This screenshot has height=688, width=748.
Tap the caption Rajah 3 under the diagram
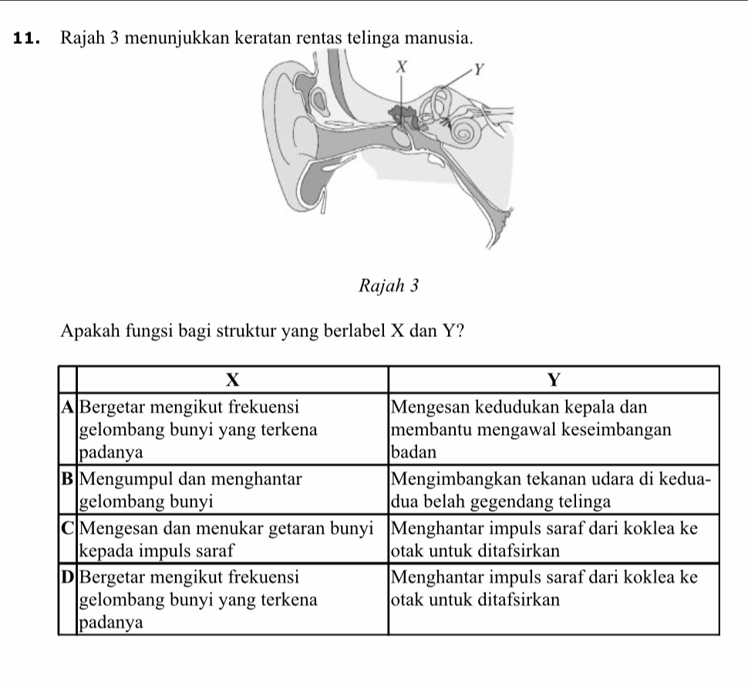[x=389, y=286]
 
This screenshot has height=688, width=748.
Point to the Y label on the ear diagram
[x=479, y=72]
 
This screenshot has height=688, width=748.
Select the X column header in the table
[x=233, y=380]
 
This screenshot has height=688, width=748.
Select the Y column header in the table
[x=553, y=380]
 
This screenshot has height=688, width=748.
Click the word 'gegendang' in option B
[x=530, y=501]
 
